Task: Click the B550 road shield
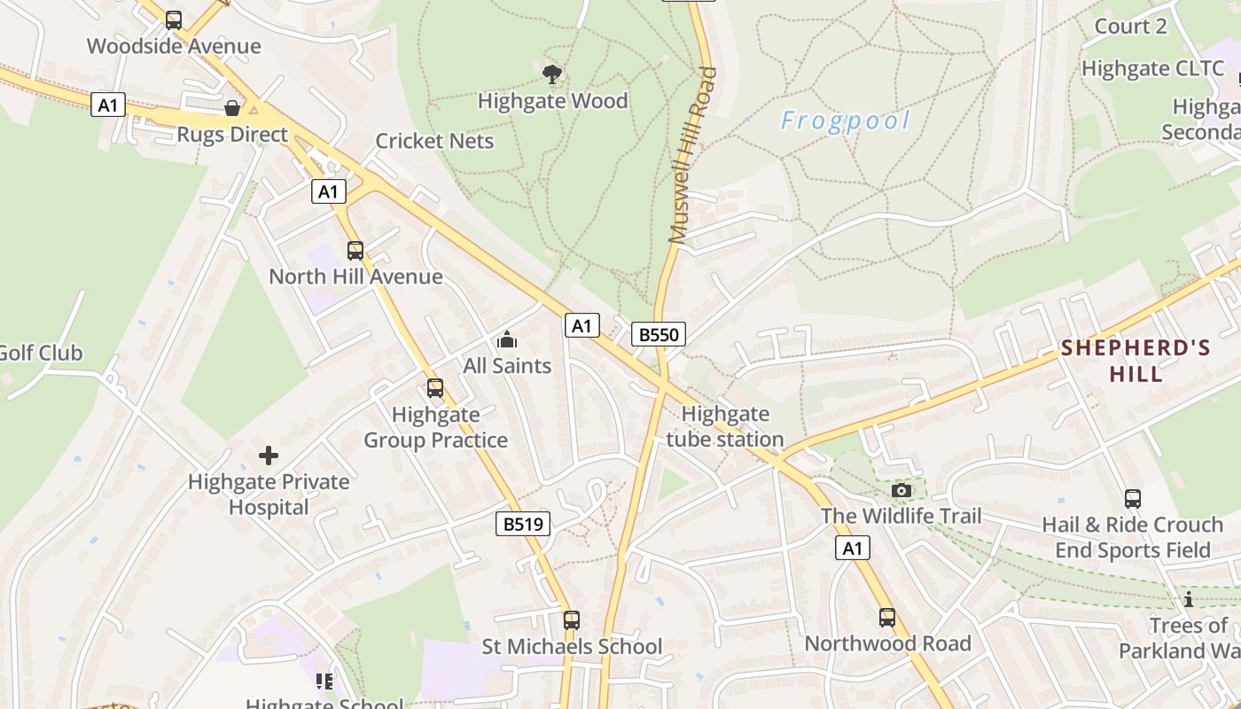click(x=659, y=334)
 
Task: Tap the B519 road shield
click(x=522, y=524)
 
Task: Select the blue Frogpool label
click(x=846, y=121)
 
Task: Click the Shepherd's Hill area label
click(x=1136, y=360)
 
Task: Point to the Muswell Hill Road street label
click(x=691, y=155)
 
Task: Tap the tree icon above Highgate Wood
click(x=552, y=74)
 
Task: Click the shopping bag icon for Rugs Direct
click(x=232, y=108)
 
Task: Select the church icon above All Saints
click(x=507, y=339)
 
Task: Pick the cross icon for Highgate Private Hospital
click(x=269, y=456)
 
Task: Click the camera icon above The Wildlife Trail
click(x=901, y=490)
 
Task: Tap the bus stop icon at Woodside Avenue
click(x=174, y=19)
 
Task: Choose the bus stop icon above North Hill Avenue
click(x=355, y=251)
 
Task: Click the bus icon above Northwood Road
click(x=887, y=618)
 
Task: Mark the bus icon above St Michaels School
click(x=572, y=620)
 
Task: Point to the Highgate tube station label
click(x=725, y=426)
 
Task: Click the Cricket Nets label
click(x=434, y=141)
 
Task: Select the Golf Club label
click(x=40, y=353)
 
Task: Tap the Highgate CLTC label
click(x=1152, y=68)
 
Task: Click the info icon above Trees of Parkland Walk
click(x=1188, y=600)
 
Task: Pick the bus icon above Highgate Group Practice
click(x=435, y=388)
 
